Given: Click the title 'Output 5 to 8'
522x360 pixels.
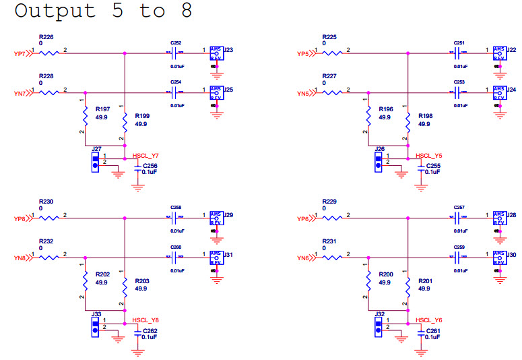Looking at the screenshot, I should click(x=103, y=11).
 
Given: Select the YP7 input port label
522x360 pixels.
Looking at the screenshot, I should click(x=20, y=53).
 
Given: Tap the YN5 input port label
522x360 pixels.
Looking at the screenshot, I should click(x=302, y=94).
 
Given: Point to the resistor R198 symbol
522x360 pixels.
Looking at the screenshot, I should click(x=408, y=120).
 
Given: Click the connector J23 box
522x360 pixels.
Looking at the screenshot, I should click(x=216, y=53).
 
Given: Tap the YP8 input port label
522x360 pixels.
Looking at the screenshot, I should click(x=20, y=218).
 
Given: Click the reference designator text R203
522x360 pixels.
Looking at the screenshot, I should click(x=141, y=280).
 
